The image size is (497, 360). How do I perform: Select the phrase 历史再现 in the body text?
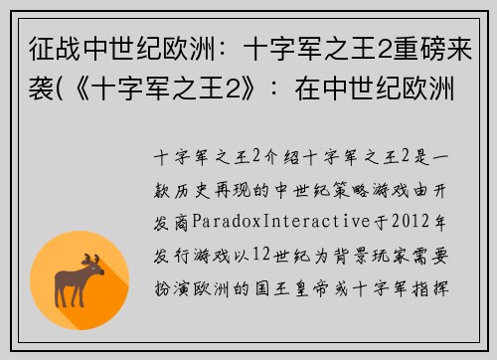pos(213,186)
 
